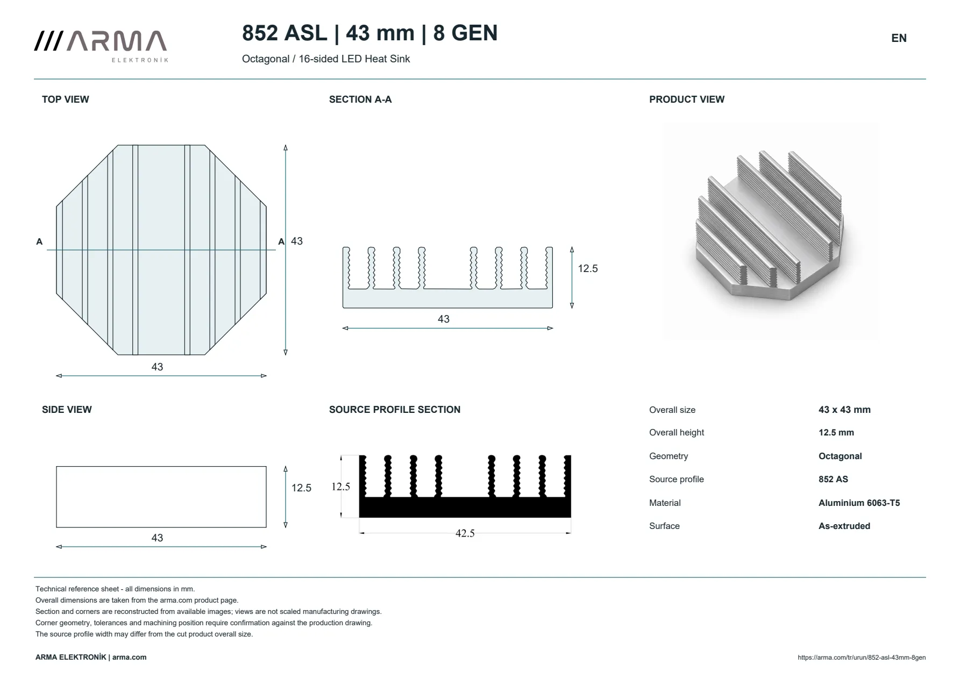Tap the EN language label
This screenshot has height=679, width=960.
click(899, 38)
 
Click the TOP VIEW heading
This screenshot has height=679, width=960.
click(66, 99)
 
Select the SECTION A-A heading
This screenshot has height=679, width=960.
click(360, 99)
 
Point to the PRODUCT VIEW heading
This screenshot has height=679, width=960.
click(687, 99)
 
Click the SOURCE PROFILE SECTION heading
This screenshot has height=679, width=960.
click(395, 410)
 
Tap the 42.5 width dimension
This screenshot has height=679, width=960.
click(465, 533)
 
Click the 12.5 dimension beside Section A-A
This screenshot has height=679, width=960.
click(588, 269)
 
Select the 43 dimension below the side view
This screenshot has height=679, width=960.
click(157, 538)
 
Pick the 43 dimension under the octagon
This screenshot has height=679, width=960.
click(157, 367)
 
